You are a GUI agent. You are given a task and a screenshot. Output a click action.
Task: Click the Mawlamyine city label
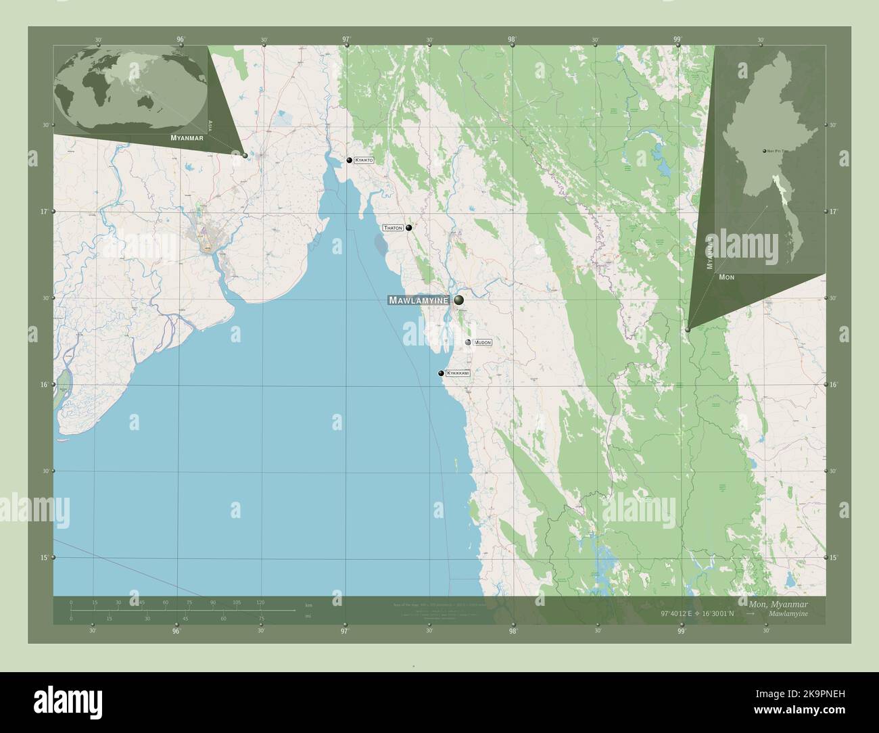[419, 300]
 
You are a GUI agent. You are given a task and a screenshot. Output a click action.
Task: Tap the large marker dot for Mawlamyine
[459, 300]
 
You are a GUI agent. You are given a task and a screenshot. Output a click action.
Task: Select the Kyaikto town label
[364, 160]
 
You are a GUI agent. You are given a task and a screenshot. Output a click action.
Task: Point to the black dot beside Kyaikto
[350, 160]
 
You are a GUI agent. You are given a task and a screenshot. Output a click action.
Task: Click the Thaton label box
[393, 228]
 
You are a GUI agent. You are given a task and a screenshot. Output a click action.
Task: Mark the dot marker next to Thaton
[409, 228]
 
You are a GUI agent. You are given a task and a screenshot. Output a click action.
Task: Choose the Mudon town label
[483, 343]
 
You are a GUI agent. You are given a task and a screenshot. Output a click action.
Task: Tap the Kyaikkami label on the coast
[458, 373]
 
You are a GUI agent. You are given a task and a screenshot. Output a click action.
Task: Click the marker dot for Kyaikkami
[442, 373]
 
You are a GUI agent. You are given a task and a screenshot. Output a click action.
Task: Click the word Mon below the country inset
[727, 277]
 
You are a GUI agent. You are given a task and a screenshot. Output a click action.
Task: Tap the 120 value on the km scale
[260, 602]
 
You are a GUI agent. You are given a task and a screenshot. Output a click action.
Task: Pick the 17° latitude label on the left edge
[44, 212]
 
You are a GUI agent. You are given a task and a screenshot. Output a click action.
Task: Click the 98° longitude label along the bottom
[513, 632]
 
